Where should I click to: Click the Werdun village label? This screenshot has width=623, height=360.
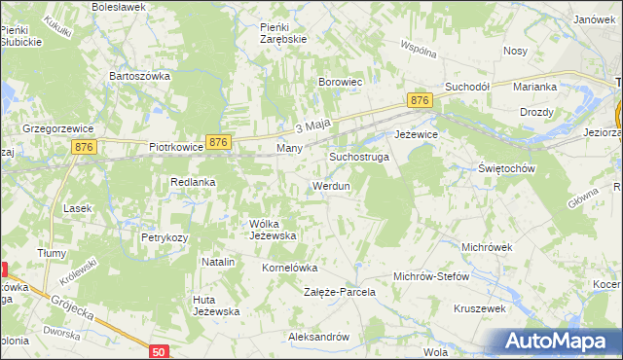click(x=331, y=185)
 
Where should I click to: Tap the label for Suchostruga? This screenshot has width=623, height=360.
click(x=359, y=156)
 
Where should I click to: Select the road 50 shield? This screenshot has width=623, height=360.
click(x=160, y=349)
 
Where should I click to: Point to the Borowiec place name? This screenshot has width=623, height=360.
click(x=341, y=83)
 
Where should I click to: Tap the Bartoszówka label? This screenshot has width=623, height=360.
click(x=140, y=75)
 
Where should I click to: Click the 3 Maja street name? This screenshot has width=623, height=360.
click(x=313, y=126)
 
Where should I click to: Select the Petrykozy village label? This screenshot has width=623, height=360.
click(x=163, y=236)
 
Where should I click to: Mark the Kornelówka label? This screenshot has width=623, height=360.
click(x=290, y=267)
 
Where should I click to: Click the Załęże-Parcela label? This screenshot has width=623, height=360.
click(x=340, y=292)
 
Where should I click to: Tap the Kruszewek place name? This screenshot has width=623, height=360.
click(x=480, y=308)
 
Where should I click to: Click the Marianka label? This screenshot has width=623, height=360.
click(x=535, y=87)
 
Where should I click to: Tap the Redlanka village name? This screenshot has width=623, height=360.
click(x=193, y=182)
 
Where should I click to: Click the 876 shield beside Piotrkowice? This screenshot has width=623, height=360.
click(x=219, y=142)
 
